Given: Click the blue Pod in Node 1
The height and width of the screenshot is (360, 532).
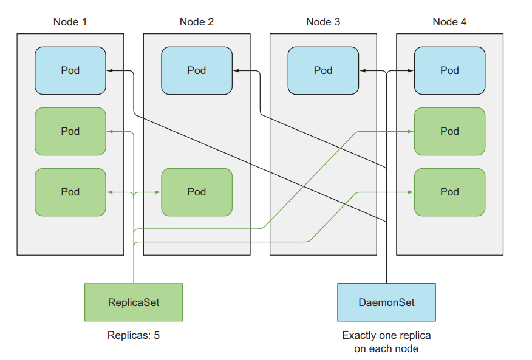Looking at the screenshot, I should pos(70,70).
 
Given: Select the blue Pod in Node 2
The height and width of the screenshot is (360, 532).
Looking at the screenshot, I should pos(196,70).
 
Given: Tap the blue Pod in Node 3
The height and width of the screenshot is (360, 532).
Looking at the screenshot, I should pos(323,70).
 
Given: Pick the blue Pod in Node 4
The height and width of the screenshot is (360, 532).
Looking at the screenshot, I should pos(449,70).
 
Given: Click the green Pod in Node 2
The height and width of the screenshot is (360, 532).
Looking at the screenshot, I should pos(196,192).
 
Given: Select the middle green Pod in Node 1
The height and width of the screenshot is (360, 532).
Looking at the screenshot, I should pos(70,131).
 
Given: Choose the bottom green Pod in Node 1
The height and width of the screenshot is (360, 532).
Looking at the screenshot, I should pos(70,192).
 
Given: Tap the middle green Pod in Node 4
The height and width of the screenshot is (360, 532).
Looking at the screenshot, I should pos(449,131).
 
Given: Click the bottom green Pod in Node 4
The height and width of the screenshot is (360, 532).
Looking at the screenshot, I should pos(449,192).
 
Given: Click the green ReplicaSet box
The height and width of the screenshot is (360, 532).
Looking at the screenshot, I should pos(134,302).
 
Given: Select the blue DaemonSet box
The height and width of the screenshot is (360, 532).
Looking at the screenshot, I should pos(386,302).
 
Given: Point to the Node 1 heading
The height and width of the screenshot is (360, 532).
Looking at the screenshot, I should pos(70,22).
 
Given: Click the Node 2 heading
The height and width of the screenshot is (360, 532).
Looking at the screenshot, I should pos(196,22).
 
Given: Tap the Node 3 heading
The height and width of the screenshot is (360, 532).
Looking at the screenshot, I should pos(323,22).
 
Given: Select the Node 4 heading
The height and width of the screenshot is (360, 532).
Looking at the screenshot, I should pos(449,22).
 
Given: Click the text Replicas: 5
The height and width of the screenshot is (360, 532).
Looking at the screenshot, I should pos(134,335).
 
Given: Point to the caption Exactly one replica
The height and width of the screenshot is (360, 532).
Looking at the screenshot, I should pos(386,335).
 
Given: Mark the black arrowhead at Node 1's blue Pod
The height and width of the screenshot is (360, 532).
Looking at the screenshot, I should pos(109,71).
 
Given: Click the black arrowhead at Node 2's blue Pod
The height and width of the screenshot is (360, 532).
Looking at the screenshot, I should pos(236,71).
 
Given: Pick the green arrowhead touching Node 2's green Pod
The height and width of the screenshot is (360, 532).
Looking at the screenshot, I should pos(158,192).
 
